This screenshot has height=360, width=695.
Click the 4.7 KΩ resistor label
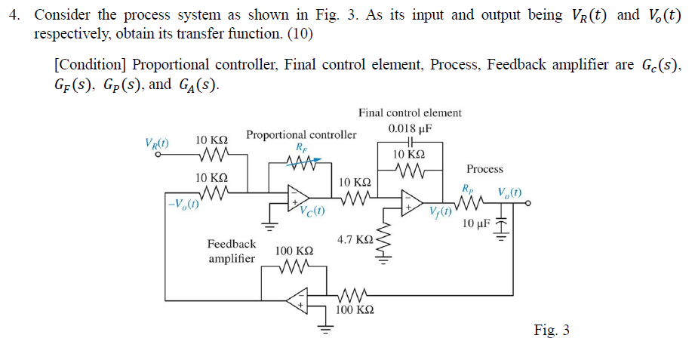click(x=354, y=239)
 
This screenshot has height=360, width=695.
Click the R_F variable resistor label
click(x=302, y=147)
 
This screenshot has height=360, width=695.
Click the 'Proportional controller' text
click(x=301, y=135)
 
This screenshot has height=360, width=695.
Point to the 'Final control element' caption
click(x=410, y=113)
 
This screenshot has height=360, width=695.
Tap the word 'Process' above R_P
click(x=484, y=169)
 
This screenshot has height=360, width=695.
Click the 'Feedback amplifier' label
click(x=232, y=251)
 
